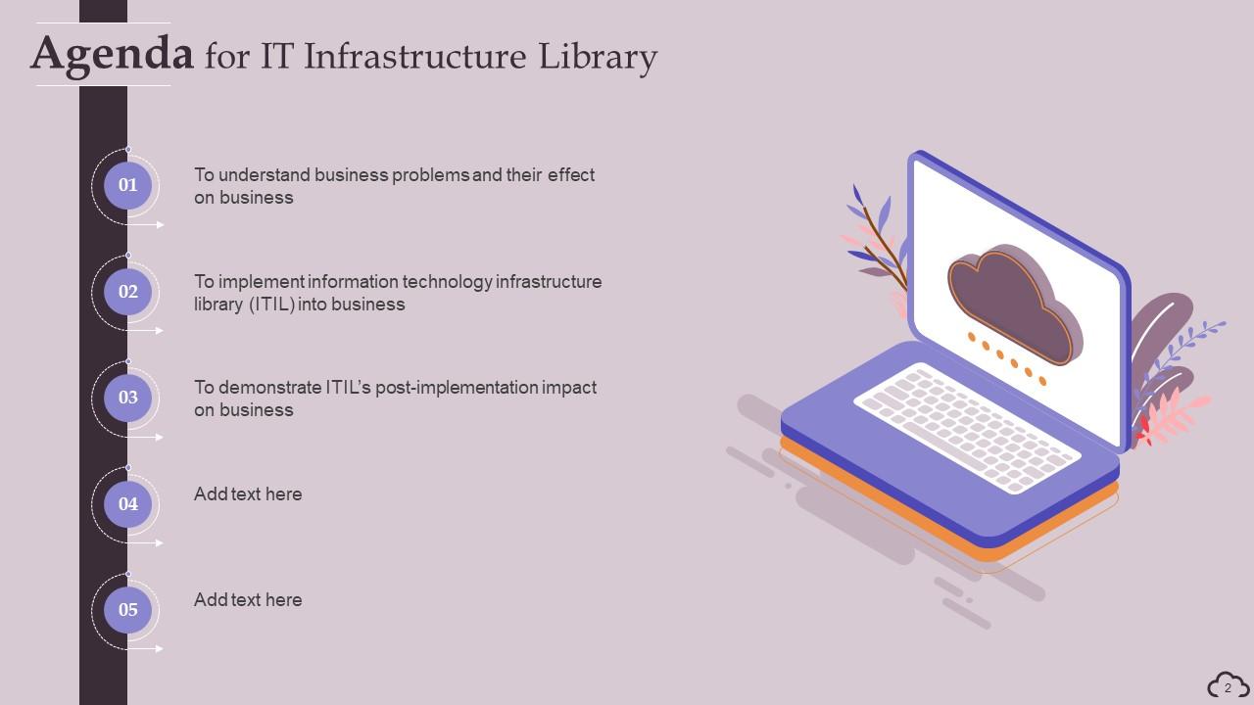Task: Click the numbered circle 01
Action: [x=128, y=185]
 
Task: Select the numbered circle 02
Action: [x=128, y=292]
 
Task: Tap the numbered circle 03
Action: [x=128, y=398]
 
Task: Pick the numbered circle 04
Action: [x=128, y=504]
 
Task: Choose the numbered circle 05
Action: [x=128, y=610]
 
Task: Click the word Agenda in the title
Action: [x=112, y=53]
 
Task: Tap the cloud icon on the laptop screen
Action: [x=1014, y=304]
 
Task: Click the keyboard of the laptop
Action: [x=967, y=426]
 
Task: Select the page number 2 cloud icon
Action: [x=1228, y=685]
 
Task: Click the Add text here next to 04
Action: [x=248, y=494]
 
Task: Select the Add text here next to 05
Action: [x=248, y=600]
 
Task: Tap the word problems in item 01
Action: [x=431, y=175]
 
